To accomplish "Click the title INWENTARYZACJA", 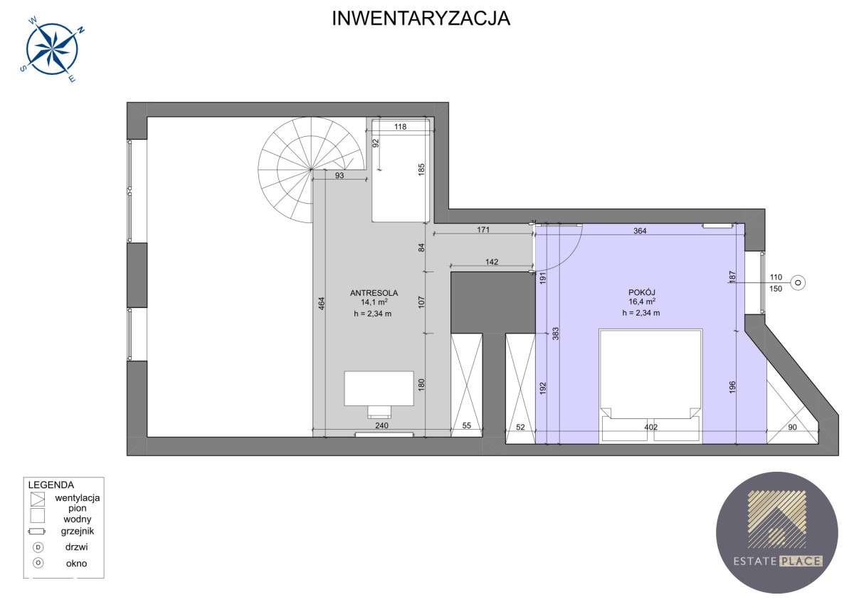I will coord(421,19).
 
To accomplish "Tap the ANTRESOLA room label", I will coord(374,292).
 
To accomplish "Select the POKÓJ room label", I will coord(640,291).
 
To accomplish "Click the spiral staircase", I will coord(299,167).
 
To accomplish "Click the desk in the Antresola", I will coord(379,389).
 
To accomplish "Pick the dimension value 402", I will coord(650,428).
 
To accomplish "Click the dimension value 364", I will coord(640,230).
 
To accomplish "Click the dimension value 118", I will coord(400,127).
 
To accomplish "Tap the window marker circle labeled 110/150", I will coord(798,283).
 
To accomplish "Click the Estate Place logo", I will coord(776,532).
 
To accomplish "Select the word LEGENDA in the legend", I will coord(51,485).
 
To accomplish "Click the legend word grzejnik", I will coord(77,531).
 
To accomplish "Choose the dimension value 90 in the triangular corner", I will coord(792,428).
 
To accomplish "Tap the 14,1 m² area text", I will coord(374,302).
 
